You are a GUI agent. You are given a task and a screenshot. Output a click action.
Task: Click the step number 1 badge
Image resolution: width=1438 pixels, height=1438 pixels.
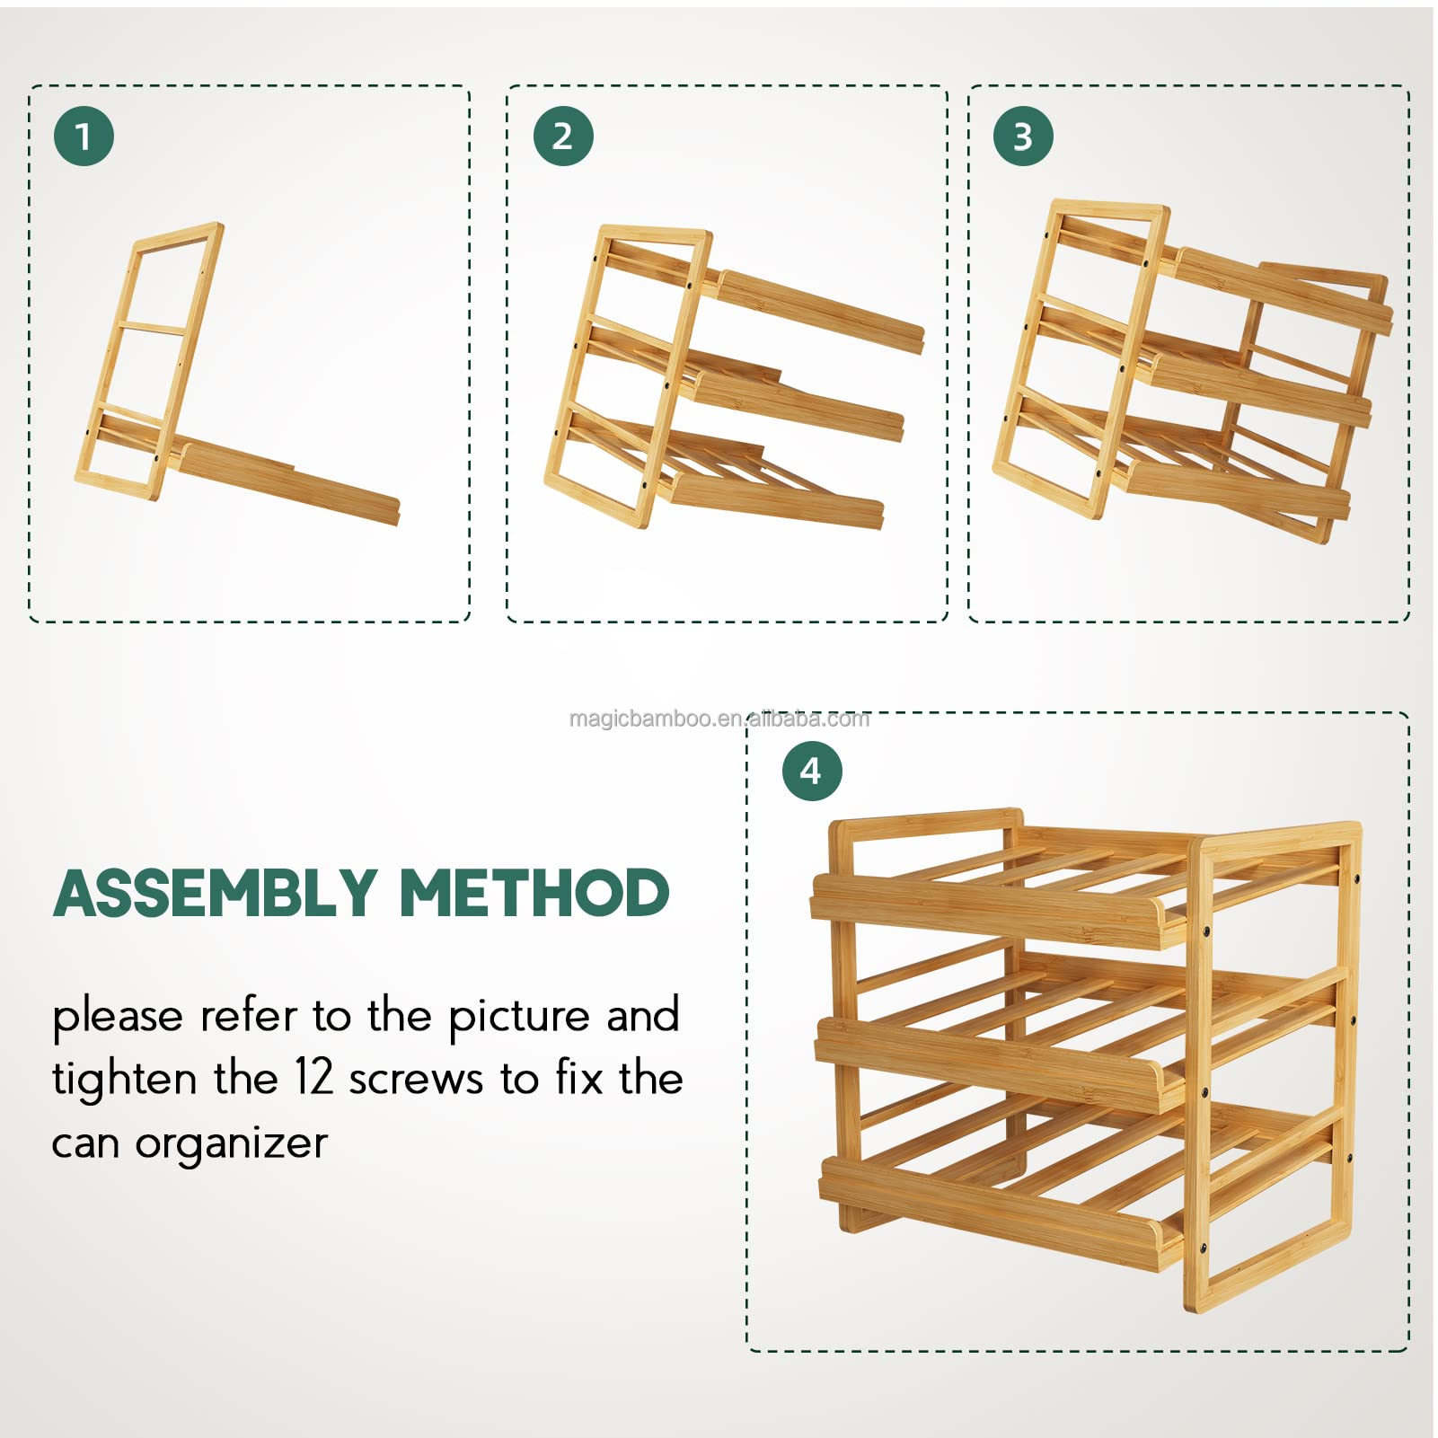pos(84,137)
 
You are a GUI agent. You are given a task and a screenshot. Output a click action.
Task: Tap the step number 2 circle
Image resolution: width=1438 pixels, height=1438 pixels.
pos(563,137)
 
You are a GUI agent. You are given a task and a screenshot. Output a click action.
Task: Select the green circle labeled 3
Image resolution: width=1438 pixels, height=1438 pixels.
pos(1023,137)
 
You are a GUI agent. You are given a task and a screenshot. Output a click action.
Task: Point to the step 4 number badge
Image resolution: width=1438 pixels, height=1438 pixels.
pos(811,771)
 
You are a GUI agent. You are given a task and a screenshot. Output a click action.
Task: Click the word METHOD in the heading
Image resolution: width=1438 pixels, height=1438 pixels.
pos(534,893)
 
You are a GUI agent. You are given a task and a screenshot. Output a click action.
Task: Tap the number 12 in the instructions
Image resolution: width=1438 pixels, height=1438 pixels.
pos(314,1078)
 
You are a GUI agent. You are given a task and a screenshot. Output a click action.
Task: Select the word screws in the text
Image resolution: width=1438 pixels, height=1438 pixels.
pos(416,1081)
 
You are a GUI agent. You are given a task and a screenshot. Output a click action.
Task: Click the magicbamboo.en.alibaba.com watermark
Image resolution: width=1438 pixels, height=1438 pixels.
pos(719,719)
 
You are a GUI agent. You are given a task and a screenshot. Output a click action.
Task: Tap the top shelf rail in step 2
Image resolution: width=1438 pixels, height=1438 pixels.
pos(817,312)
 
